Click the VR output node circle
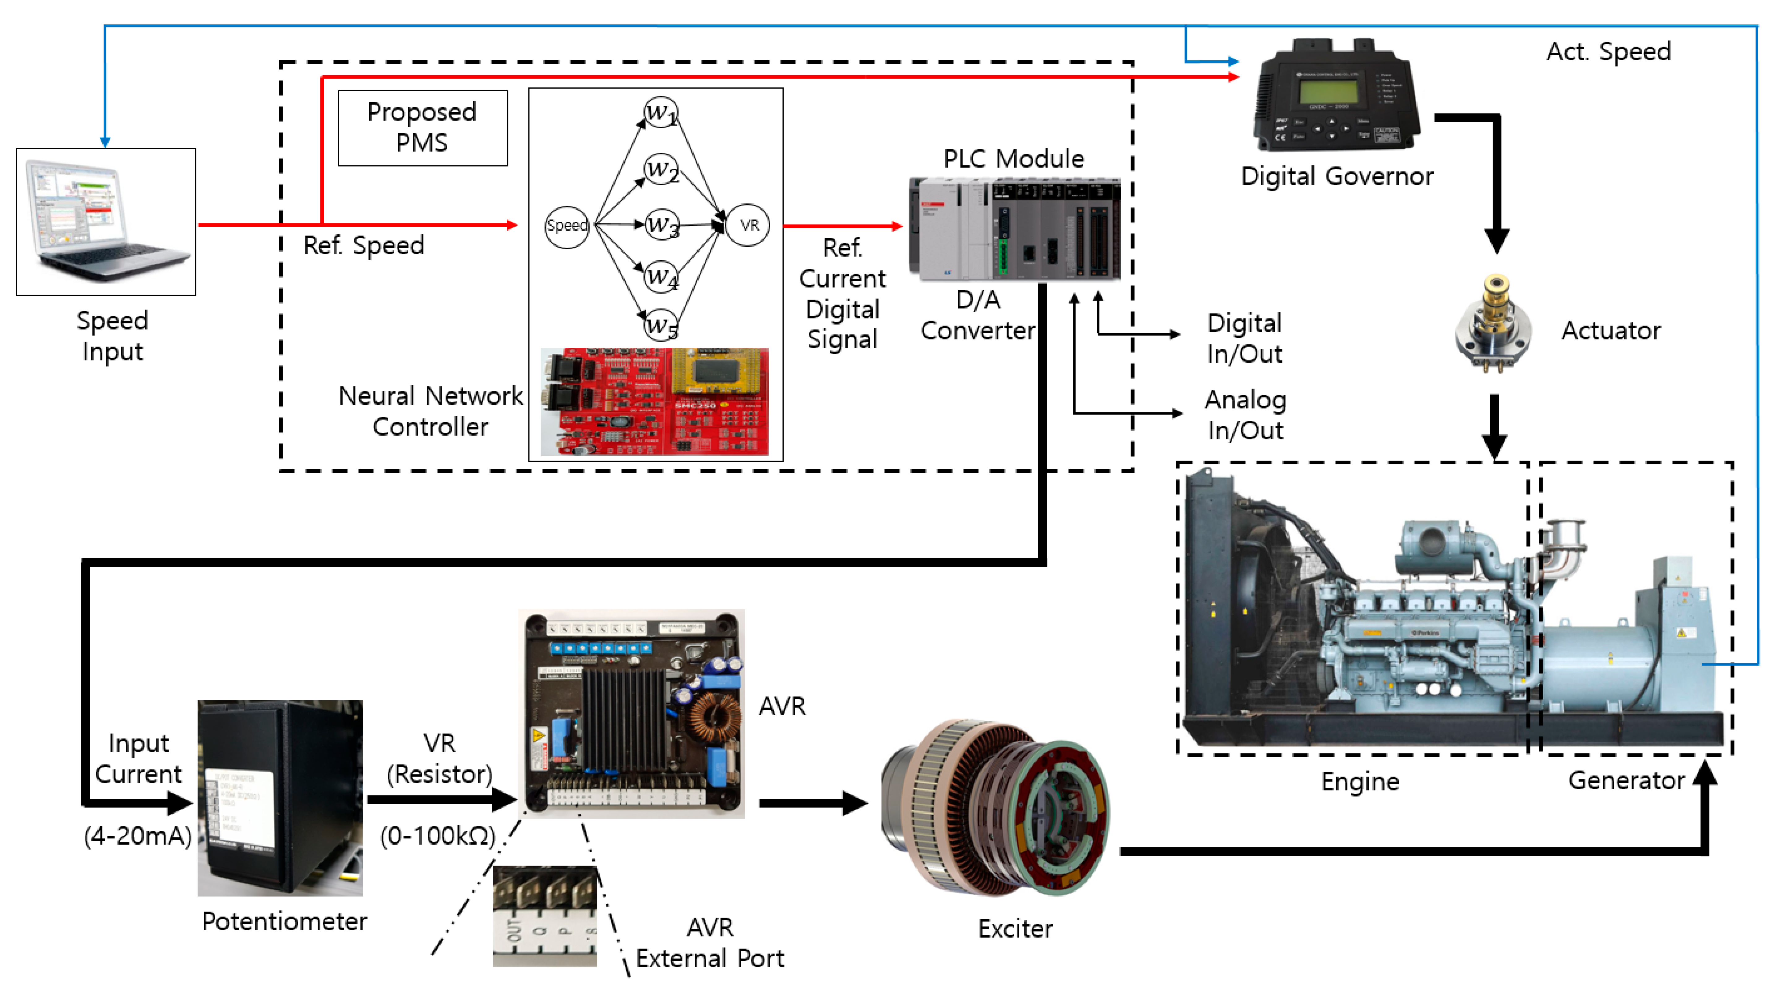point(749,225)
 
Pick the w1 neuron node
point(660,112)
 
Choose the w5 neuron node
point(660,325)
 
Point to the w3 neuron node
point(661,225)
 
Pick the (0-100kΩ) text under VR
point(438,836)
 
